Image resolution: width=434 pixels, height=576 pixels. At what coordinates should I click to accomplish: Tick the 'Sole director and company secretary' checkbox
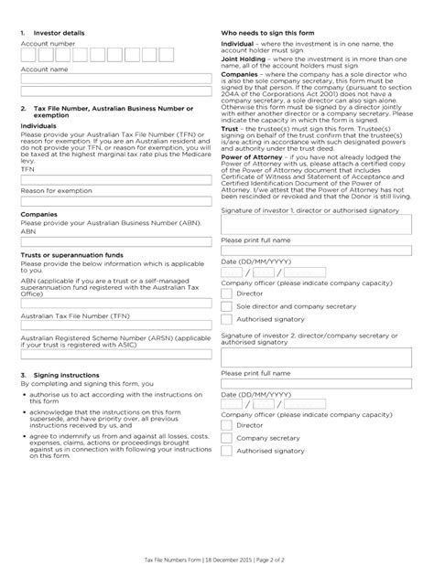point(226,307)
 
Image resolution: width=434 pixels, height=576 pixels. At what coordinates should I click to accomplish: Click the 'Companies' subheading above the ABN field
point(39,214)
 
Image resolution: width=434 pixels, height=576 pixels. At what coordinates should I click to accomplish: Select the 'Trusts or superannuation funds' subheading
point(65,254)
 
